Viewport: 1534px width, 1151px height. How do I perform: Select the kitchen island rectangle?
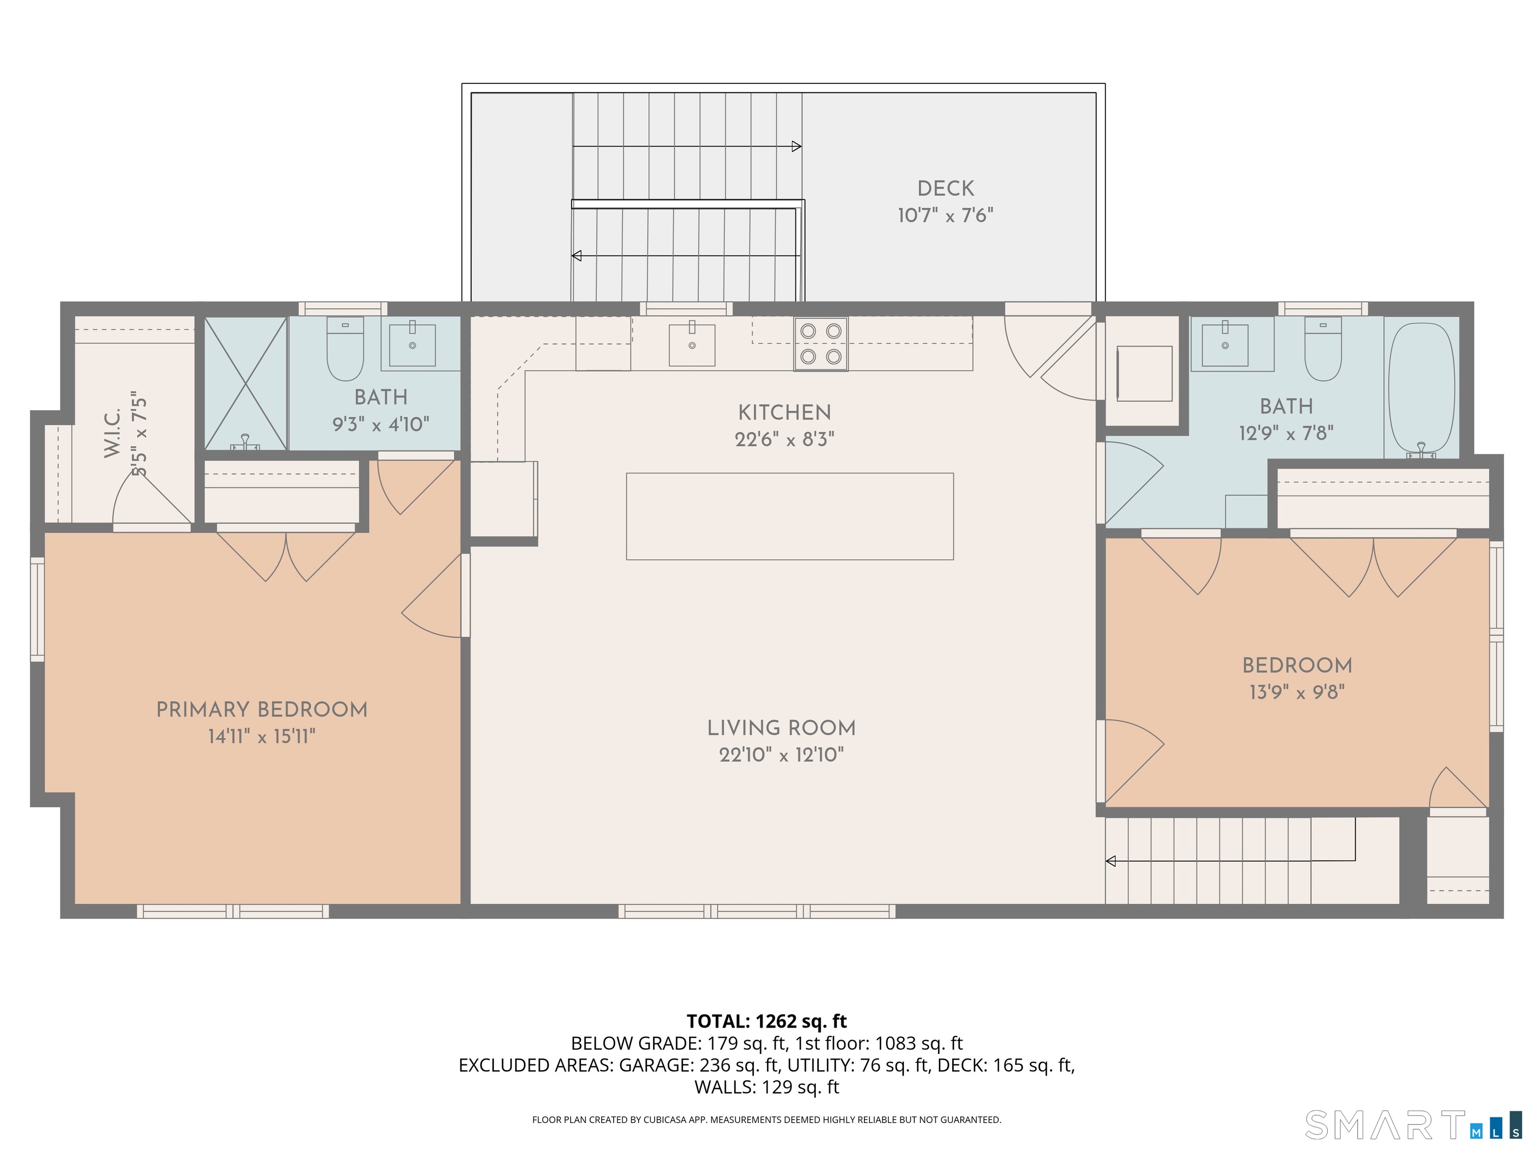coord(790,516)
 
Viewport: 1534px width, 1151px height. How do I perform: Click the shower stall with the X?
coord(246,384)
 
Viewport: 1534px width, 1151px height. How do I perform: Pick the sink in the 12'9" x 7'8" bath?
coord(1225,343)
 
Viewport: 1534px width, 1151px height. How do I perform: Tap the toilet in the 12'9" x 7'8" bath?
coord(1322,349)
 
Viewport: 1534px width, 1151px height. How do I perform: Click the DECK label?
coord(946,189)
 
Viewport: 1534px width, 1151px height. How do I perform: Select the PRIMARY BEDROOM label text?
coord(262,710)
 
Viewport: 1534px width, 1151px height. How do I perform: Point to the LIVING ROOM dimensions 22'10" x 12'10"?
coord(781,755)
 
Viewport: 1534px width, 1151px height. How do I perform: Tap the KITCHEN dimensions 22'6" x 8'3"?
coord(784,439)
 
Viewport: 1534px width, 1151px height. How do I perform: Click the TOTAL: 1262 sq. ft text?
coord(767,1021)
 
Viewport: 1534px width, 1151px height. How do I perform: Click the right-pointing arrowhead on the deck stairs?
coord(797,146)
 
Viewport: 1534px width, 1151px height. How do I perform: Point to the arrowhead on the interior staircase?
coord(1110,861)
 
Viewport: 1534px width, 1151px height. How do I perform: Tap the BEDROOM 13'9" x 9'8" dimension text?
coord(1297,692)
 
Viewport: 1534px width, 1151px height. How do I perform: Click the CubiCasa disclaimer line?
coord(767,1119)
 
